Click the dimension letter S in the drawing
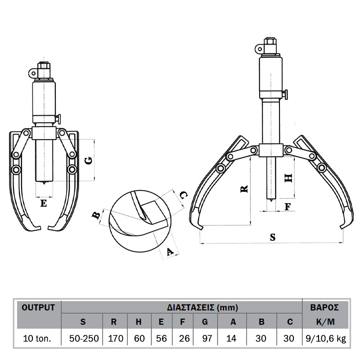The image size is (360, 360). pyautogui.click(x=273, y=237)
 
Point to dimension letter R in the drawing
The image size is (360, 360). pyautogui.click(x=244, y=189)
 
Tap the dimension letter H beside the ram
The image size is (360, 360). pyautogui.click(x=288, y=178)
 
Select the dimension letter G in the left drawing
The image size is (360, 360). pyautogui.click(x=89, y=160)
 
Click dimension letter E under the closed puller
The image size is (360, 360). pyautogui.click(x=44, y=203)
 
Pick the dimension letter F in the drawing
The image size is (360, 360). pyautogui.click(x=288, y=207)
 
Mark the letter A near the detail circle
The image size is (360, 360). pyautogui.click(x=170, y=252)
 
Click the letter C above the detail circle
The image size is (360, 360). pyautogui.click(x=183, y=195)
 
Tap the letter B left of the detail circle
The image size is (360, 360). pyautogui.click(x=96, y=216)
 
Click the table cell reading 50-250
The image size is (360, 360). pyautogui.click(x=84, y=338)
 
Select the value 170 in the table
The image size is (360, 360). pyautogui.click(x=116, y=338)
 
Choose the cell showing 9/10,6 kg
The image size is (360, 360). pyautogui.click(x=326, y=339)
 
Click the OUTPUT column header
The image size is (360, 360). pyautogui.click(x=38, y=307)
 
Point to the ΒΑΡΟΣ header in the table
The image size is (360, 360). pyautogui.click(x=324, y=307)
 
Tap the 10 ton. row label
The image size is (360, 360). pyautogui.click(x=37, y=339)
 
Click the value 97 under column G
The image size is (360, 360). pyautogui.click(x=207, y=338)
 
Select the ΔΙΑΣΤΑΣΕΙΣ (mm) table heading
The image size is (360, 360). pyautogui.click(x=202, y=307)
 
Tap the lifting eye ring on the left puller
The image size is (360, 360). pyautogui.click(x=33, y=73)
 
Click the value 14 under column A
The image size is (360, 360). pyautogui.click(x=231, y=338)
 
